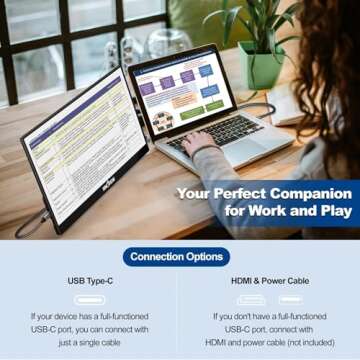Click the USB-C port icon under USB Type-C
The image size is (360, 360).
point(89,299)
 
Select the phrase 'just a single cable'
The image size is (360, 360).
point(89,341)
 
